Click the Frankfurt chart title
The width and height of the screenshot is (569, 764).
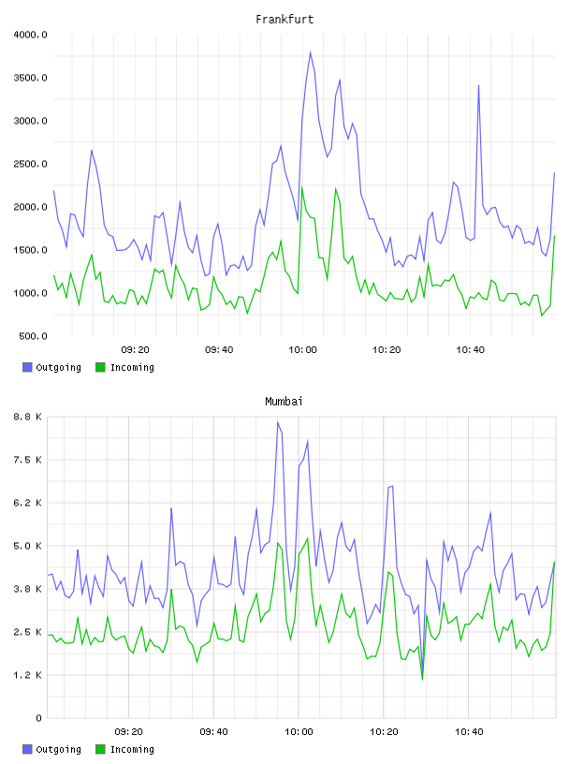(x=284, y=20)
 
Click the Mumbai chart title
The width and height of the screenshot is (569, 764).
(x=284, y=402)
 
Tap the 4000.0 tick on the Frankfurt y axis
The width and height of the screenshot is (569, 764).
(x=30, y=35)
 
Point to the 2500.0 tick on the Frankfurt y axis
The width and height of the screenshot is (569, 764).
(x=30, y=164)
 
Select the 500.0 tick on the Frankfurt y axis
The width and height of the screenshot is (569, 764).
(x=33, y=336)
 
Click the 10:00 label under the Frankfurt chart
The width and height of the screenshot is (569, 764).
(x=302, y=350)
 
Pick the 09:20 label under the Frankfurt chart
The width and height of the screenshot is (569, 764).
(x=135, y=350)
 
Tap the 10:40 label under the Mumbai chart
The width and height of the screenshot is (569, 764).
(x=469, y=732)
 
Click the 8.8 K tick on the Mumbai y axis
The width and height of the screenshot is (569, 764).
(x=28, y=417)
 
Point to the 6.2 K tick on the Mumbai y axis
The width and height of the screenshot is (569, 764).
(x=28, y=503)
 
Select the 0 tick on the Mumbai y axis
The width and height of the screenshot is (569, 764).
(x=39, y=718)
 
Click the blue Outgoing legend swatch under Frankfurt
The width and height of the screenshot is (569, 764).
(x=27, y=367)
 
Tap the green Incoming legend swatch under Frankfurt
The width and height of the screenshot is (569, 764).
(x=100, y=367)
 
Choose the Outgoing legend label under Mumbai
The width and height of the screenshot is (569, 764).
(x=58, y=749)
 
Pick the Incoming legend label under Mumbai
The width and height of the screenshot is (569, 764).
(x=132, y=749)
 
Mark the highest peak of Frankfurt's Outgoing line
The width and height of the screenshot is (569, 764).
(x=311, y=51)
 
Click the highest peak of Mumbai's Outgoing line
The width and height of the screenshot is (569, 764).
(x=278, y=422)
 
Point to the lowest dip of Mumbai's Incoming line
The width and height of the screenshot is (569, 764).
(x=422, y=679)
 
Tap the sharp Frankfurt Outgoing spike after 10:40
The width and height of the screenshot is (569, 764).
(x=478, y=86)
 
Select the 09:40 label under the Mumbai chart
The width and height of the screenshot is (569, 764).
(x=214, y=732)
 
